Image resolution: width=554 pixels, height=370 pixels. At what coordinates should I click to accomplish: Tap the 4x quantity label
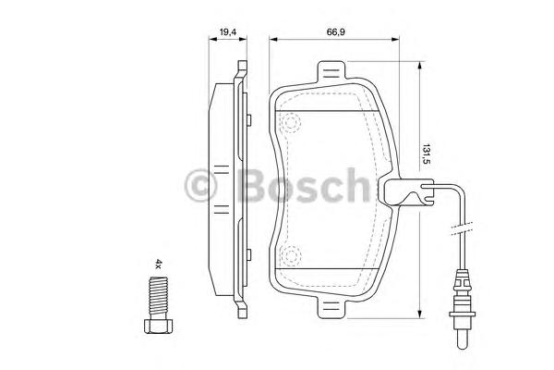click(158, 265)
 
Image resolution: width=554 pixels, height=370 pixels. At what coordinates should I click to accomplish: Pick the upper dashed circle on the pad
click(292, 122)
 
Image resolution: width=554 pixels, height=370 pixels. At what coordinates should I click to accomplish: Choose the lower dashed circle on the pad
click(292, 256)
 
